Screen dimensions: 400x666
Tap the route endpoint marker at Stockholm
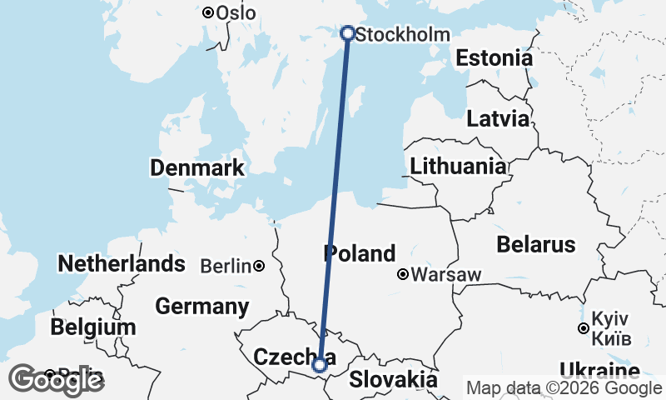coord(348,33)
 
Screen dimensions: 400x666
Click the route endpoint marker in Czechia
coord(320,364)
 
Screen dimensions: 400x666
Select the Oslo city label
coord(236,13)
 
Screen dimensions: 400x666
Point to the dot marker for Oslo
coord(208,12)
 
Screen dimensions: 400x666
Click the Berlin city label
coord(226,267)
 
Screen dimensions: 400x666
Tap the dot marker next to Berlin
coord(260,266)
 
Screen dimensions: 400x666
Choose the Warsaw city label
coord(445,274)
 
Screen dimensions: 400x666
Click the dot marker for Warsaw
coord(403,273)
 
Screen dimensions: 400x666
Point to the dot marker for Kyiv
coord(584,328)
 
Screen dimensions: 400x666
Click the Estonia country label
coord(494,59)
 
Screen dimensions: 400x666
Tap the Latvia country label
coord(498,118)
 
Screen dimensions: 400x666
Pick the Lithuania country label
coord(458,166)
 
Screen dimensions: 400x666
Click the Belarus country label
coord(535,244)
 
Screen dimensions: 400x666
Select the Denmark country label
coord(197,167)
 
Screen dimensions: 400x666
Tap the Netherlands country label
coord(122,264)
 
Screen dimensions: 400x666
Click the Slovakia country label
coord(393,379)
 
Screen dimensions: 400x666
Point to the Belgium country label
coord(92,327)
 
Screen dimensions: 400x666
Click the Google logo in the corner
coord(56,380)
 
